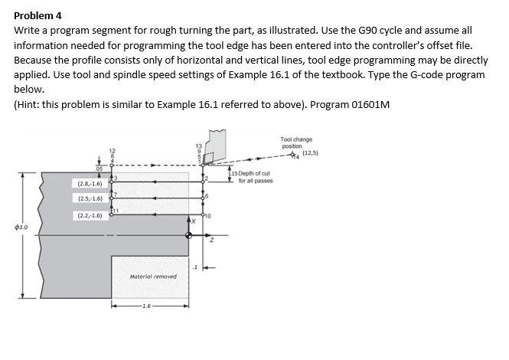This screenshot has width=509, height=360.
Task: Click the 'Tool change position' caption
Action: tap(296, 142)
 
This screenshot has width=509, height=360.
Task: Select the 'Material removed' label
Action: tap(152, 276)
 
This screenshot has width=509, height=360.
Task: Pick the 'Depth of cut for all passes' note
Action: tap(253, 178)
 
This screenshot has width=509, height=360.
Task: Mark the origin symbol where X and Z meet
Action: tap(190, 234)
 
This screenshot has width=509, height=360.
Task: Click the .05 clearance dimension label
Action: tap(99, 168)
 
